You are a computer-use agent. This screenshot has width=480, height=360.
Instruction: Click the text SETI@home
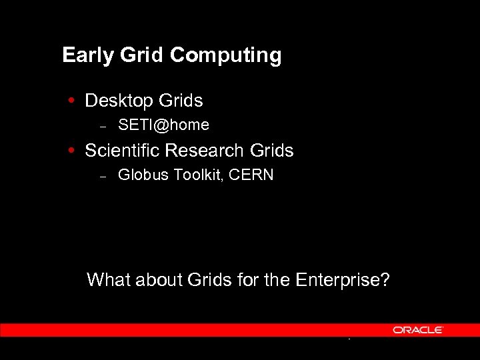(x=163, y=125)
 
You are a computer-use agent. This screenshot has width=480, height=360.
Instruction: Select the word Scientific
(x=122, y=151)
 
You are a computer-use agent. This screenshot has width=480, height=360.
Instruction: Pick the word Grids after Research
(x=271, y=151)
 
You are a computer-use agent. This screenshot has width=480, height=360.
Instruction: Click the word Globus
(x=141, y=175)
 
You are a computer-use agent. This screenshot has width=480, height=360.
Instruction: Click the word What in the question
(x=109, y=279)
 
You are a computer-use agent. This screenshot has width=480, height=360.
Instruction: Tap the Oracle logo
(x=417, y=330)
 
